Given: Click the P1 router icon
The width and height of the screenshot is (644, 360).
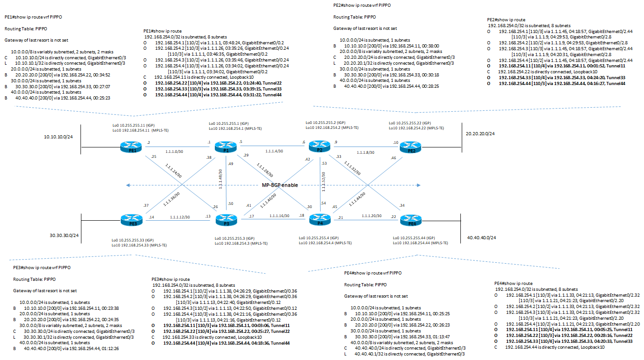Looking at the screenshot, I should click(223, 147).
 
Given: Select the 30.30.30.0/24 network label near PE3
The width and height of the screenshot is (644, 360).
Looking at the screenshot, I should click(64, 235).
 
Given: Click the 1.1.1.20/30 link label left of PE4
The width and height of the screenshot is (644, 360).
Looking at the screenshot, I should click(372, 216).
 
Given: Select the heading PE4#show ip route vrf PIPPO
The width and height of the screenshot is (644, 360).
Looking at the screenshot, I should click(373, 273).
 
